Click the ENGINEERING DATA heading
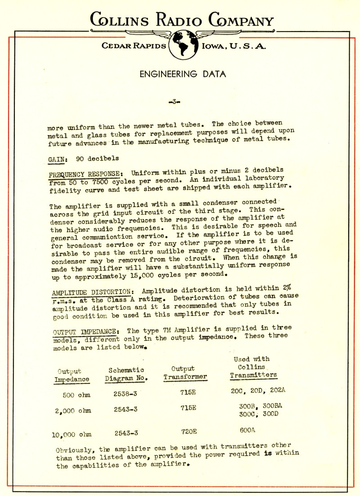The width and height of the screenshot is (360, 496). point(183,74)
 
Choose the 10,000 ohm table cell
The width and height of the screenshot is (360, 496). point(72,434)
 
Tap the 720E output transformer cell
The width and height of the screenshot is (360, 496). point(189,431)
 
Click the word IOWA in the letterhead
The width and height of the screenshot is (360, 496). point(215,46)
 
